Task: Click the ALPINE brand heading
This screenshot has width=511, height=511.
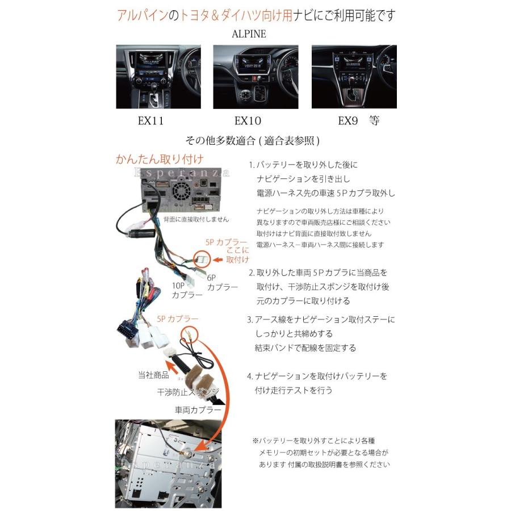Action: (249, 33)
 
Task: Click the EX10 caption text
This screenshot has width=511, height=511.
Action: (248, 120)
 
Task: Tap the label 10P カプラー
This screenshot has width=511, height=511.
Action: (186, 290)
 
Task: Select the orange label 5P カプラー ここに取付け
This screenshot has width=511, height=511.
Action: (229, 250)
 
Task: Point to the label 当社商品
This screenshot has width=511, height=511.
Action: (153, 375)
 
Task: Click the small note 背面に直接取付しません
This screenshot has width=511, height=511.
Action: (196, 219)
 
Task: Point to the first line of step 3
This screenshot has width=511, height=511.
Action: (320, 320)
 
